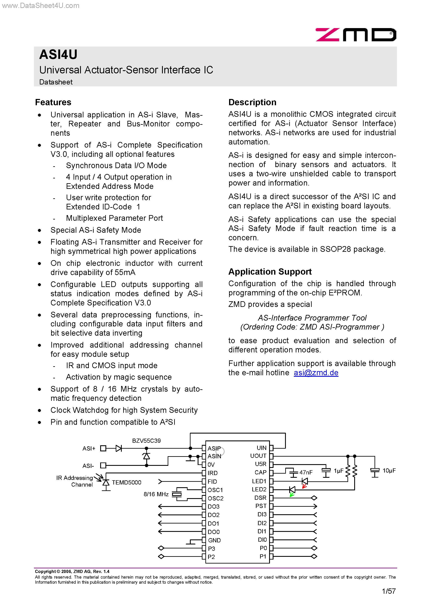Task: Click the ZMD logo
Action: coord(356,35)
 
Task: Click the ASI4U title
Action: coord(58,55)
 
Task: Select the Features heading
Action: coord(53,102)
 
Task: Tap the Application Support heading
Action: coord(270,271)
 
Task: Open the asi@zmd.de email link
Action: coord(316,373)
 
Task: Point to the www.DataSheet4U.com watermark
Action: coord(41,6)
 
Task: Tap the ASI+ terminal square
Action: coord(103,449)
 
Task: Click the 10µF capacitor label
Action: coord(389,471)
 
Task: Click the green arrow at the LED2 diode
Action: coord(292,495)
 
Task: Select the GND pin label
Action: coord(214,540)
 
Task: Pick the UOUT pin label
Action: coord(258,456)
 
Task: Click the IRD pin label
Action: coord(213,473)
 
